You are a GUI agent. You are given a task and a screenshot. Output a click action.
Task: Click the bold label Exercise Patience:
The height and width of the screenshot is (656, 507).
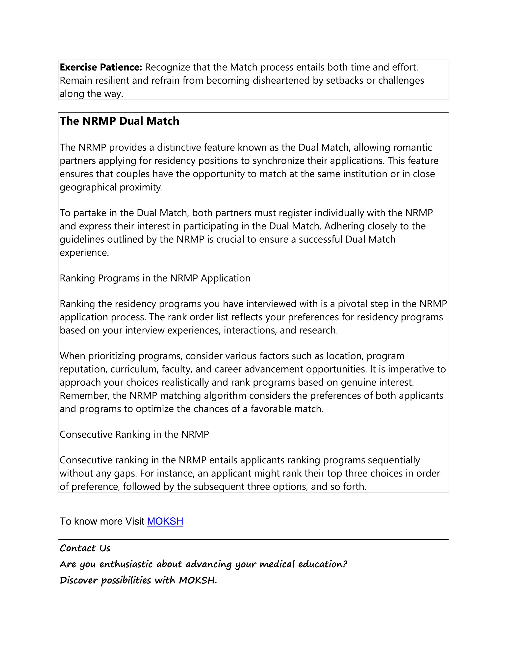coord(101,67)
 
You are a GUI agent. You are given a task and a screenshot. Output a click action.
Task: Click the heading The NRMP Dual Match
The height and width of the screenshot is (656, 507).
coord(119,121)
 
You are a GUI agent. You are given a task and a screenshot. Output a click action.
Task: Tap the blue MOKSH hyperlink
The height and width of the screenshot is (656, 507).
coord(165,521)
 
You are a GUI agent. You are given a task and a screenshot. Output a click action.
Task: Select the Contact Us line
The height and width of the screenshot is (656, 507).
coord(85,548)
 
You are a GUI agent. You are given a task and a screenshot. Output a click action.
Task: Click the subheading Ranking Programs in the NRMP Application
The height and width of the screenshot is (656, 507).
coord(155,278)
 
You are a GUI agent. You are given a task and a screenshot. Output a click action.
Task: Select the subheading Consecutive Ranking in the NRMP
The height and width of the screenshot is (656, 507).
coord(134,434)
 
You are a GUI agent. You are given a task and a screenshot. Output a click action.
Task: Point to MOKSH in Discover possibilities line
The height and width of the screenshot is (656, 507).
coord(197,580)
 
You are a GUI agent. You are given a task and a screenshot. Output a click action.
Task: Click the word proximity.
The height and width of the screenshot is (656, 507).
coord(141,187)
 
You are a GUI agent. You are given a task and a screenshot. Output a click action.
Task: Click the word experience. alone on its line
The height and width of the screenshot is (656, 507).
coord(84,252)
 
